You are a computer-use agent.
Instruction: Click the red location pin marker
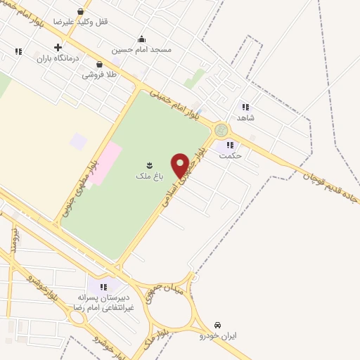click(180, 165)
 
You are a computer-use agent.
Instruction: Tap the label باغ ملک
click(148, 176)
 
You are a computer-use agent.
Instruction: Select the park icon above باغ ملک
click(149, 165)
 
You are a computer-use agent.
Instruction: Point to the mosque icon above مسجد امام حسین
click(141, 39)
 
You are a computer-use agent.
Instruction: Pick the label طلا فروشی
click(99, 75)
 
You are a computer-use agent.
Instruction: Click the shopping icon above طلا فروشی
click(99, 64)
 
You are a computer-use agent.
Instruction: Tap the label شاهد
click(245, 117)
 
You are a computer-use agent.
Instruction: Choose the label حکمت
click(230, 155)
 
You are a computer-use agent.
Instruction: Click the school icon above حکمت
click(229, 145)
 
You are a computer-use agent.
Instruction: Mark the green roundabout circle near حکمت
click(221, 131)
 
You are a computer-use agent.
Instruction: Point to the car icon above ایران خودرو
click(217, 326)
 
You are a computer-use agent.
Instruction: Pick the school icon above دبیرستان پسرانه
click(103, 287)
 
